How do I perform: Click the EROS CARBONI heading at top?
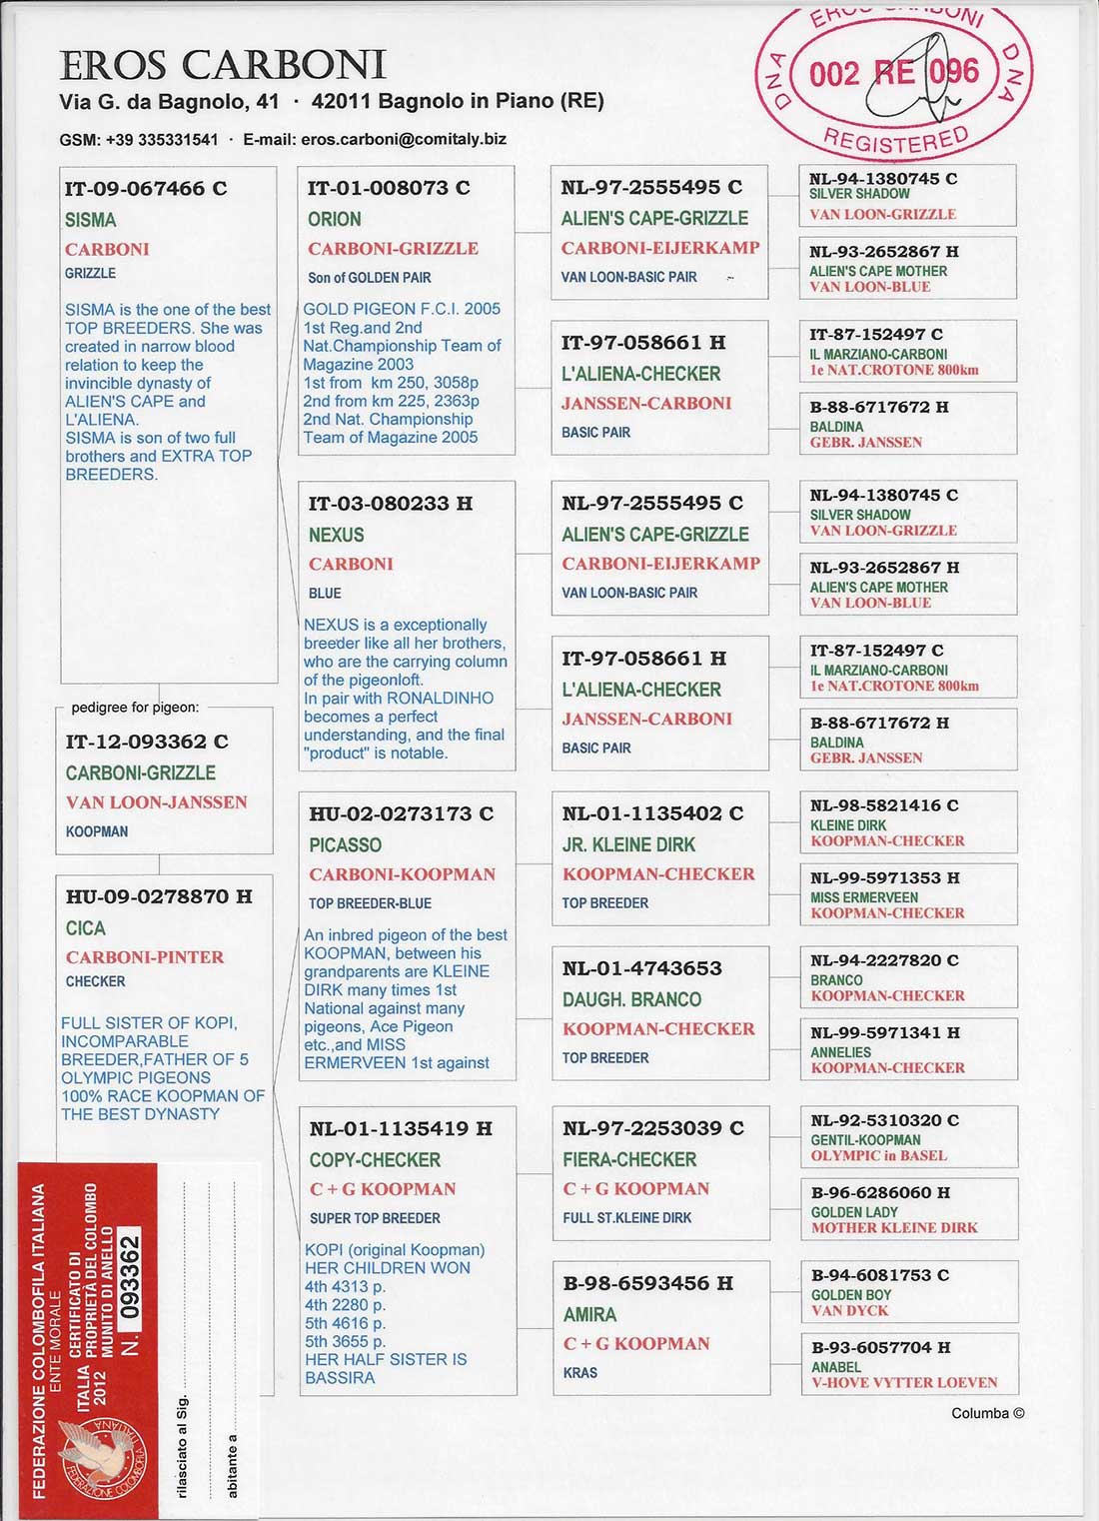223,65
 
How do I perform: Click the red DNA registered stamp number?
893,73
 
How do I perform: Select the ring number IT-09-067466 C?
146,189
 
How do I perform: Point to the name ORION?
335,219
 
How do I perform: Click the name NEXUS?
336,535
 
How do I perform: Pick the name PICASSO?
345,844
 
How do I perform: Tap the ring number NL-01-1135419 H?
401,1129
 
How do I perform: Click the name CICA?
86,927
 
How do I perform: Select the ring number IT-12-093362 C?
147,742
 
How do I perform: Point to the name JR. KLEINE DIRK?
628,844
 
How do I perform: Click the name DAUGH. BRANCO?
631,999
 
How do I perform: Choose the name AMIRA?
589,1314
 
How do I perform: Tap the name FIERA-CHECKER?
629,1159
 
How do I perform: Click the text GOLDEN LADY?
854,1212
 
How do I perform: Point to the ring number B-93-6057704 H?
880,1347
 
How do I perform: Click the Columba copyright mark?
987,1413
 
